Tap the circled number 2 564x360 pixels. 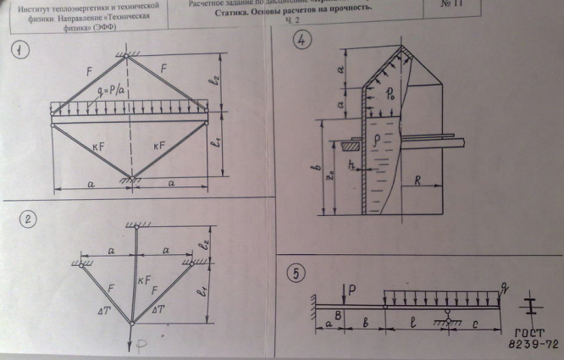pos(29,219)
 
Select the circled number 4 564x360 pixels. pos(300,41)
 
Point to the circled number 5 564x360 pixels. pos(295,273)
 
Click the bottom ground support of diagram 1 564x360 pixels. pos(130,180)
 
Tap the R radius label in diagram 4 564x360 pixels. pos(420,180)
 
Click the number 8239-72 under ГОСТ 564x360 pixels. pos(529,346)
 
